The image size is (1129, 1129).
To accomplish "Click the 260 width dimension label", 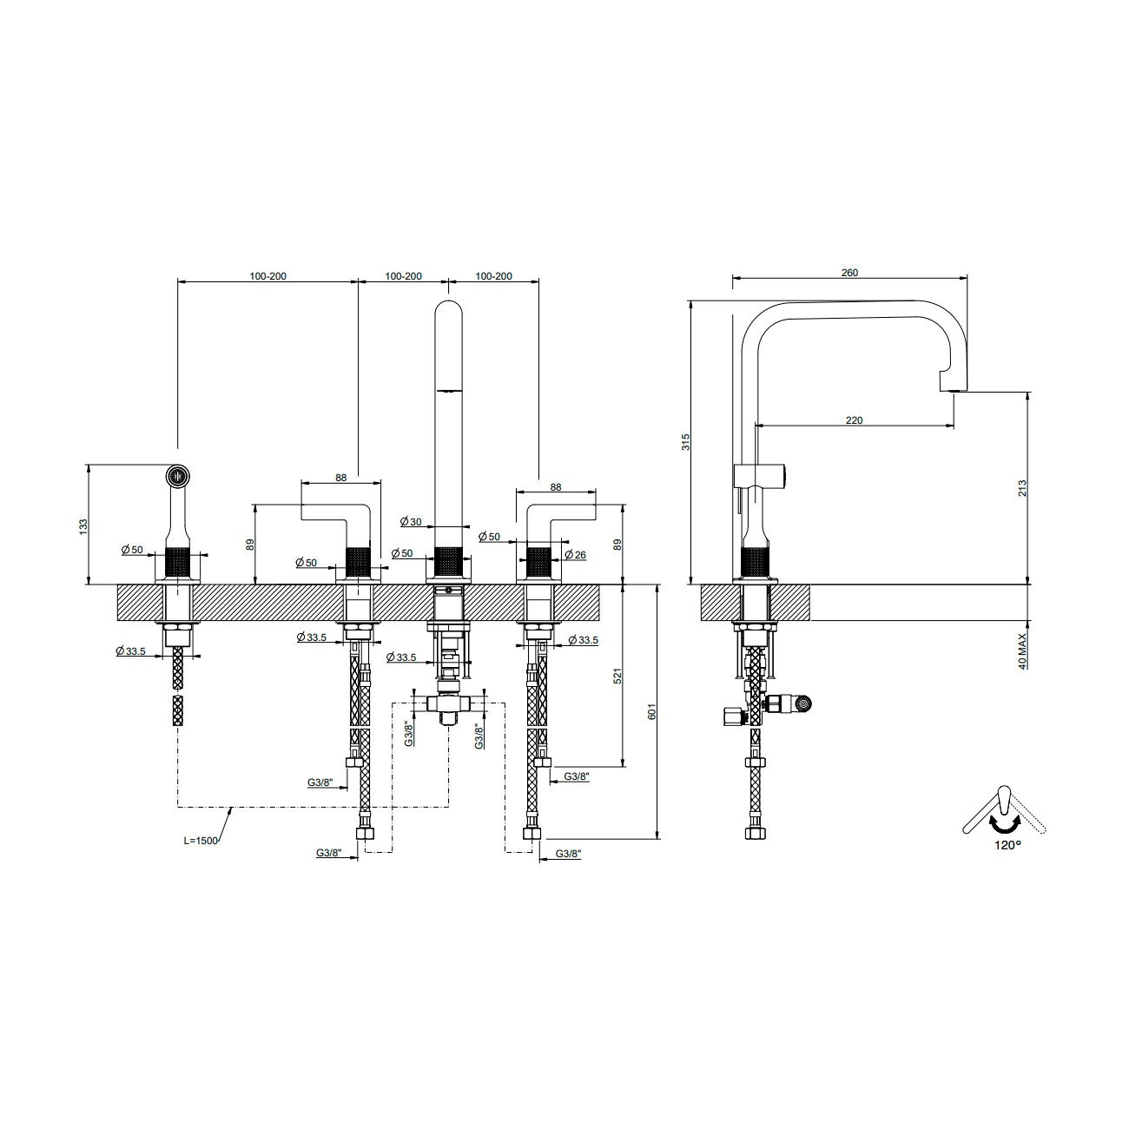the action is click(x=849, y=273).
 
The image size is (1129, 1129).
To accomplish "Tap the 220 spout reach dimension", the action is click(x=855, y=420).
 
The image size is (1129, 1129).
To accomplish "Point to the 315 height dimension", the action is click(x=686, y=442).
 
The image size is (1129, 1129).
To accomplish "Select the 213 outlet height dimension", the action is click(x=1022, y=488).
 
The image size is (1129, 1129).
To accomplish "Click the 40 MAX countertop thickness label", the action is click(x=1022, y=651).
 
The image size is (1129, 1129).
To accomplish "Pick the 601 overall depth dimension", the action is click(x=651, y=711).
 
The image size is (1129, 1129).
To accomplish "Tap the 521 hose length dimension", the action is click(x=617, y=677).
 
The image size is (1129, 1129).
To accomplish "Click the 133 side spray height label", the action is click(x=83, y=525).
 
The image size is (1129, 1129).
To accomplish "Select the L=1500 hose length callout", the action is click(x=201, y=840).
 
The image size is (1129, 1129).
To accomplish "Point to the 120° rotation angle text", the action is click(x=1007, y=845).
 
